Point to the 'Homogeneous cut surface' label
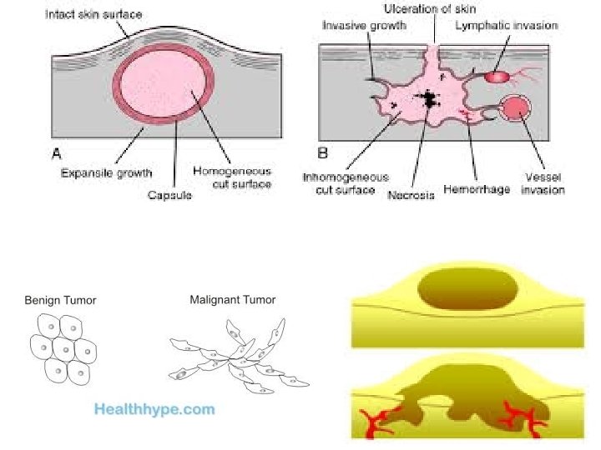[x=232, y=177]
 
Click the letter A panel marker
[x=58, y=153]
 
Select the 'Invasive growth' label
[x=364, y=27]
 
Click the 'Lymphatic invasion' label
[x=506, y=27]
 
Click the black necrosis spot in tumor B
[x=429, y=100]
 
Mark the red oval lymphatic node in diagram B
[x=497, y=77]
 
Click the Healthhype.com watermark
[x=154, y=409]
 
